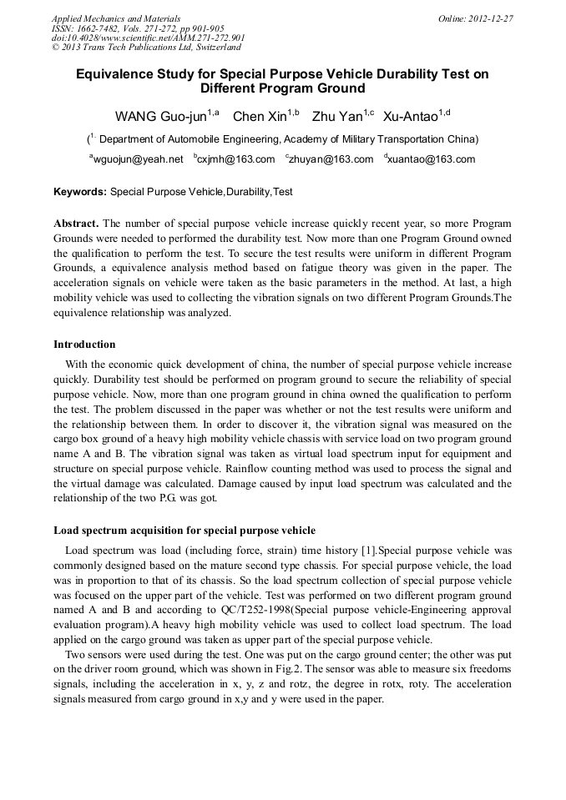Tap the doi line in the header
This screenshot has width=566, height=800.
(148, 38)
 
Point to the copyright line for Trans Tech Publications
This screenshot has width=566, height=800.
(146, 48)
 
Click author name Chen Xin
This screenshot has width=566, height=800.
(259, 116)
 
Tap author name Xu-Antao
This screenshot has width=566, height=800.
(411, 116)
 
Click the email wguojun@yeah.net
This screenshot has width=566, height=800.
(138, 159)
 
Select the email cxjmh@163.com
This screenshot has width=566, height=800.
(236, 159)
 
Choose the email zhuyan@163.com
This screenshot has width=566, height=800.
(331, 159)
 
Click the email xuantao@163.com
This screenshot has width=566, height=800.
(432, 159)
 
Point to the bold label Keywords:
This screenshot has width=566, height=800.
(80, 192)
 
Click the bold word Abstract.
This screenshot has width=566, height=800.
(76, 224)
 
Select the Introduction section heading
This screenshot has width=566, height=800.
(84, 344)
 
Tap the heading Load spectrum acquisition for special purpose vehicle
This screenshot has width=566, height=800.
(184, 530)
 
